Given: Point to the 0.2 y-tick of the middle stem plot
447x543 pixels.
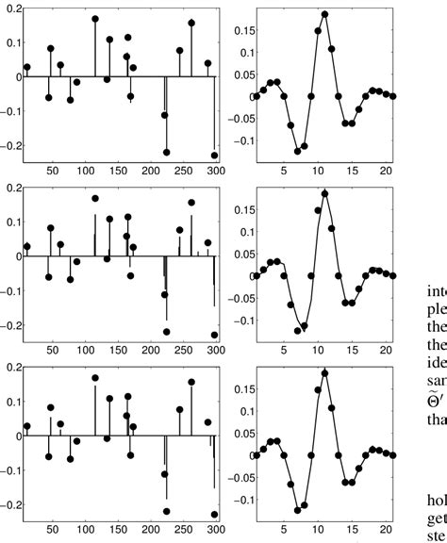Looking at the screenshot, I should tap(12, 188).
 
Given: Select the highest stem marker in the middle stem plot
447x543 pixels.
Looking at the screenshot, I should tap(95, 198).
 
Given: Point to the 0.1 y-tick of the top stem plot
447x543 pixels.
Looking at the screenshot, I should tap(12, 42).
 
